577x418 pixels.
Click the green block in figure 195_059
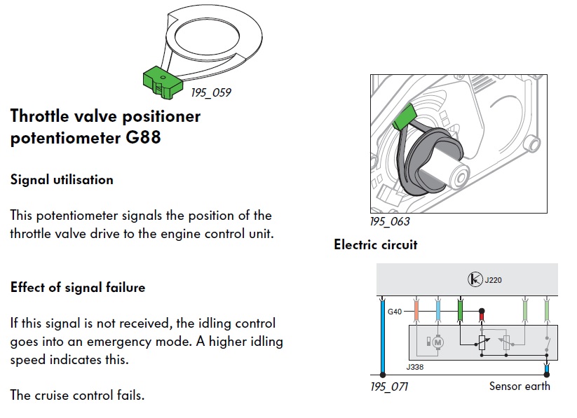point(163,83)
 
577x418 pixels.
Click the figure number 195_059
point(211,92)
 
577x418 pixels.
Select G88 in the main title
point(143,137)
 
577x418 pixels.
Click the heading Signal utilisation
point(62,179)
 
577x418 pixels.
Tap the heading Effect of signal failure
point(78,287)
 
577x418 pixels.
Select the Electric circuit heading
point(376,244)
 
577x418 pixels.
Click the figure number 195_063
point(390,221)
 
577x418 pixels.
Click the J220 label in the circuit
point(493,280)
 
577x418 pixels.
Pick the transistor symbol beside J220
point(475,279)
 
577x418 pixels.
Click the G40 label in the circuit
point(395,312)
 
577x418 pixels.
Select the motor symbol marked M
point(437,342)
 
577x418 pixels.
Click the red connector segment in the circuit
point(482,316)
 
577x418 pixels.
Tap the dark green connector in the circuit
point(460,311)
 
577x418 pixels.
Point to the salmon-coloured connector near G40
point(416,311)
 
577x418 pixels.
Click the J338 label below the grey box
point(415,367)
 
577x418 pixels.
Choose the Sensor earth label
point(520,386)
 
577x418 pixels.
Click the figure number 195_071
point(389,386)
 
